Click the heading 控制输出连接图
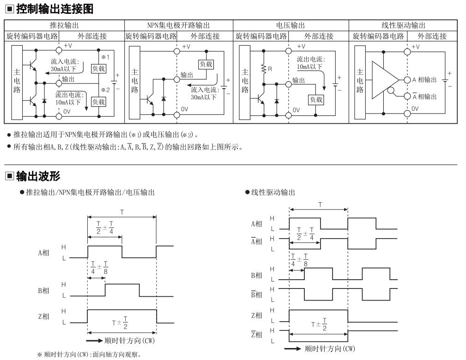pyautogui.click(x=54, y=9)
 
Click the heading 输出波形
pyautogui.click(x=38, y=176)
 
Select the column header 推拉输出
pyautogui.click(x=64, y=25)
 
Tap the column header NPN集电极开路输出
pyautogui.click(x=179, y=25)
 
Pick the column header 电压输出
pyautogui.click(x=290, y=25)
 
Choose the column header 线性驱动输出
pyautogui.click(x=403, y=25)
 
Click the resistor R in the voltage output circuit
pyautogui.click(x=264, y=69)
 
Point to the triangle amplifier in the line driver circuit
pyautogui.click(x=385, y=80)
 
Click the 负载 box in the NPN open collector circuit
pyautogui.click(x=206, y=64)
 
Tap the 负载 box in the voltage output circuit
pyautogui.click(x=316, y=100)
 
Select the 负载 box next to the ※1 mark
pyautogui.click(x=98, y=69)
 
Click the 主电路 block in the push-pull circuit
pyautogui.click(x=17, y=83)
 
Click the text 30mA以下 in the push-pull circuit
pyautogui.click(x=63, y=69)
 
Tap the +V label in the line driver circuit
pyautogui.click(x=416, y=47)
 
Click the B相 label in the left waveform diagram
pyautogui.click(x=43, y=290)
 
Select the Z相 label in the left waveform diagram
pyautogui.click(x=43, y=316)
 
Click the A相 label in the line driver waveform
pyautogui.click(x=256, y=224)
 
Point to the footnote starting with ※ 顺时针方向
pyautogui.click(x=89, y=354)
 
